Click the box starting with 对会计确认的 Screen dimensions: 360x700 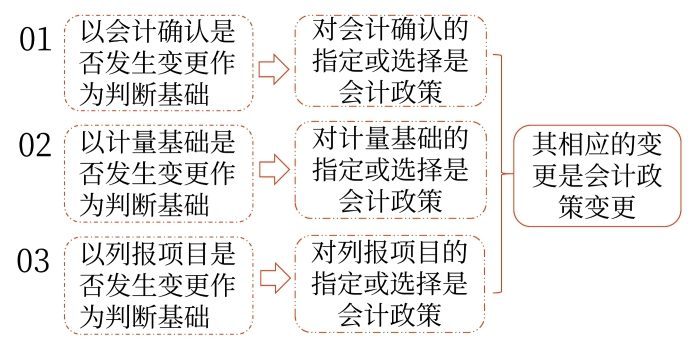pos(390,63)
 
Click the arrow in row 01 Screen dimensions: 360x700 pos(273,67)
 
